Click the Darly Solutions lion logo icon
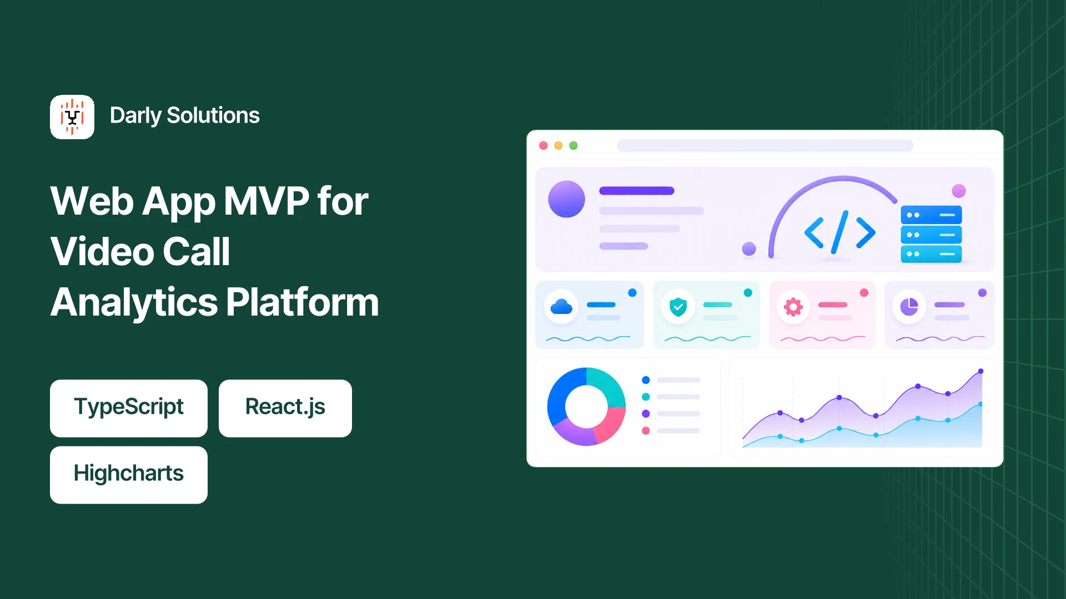point(72,117)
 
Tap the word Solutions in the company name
point(213,115)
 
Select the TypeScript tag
point(129,408)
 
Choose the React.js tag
point(285,408)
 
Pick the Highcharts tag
point(129,475)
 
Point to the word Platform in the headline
point(303,303)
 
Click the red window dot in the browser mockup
point(544,145)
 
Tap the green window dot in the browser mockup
point(574,145)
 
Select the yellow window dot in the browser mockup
point(559,145)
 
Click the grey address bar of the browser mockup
point(765,145)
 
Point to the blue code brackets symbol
point(840,232)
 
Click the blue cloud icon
point(561,306)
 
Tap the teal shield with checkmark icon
point(678,306)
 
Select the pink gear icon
point(793,306)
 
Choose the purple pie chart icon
point(909,306)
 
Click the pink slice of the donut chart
point(611,424)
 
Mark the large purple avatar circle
point(566,199)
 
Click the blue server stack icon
point(931,235)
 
